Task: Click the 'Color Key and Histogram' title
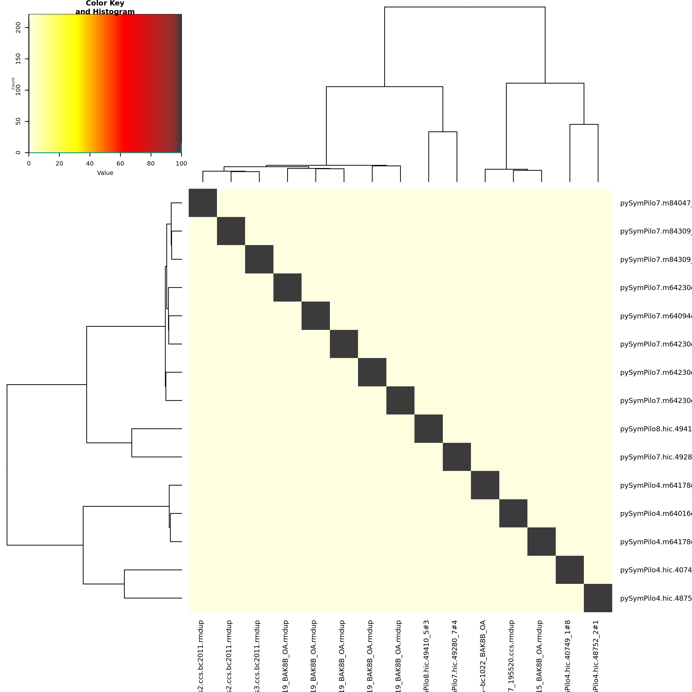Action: point(105,7)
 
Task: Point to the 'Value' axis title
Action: point(105,173)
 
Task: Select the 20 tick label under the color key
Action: point(59,164)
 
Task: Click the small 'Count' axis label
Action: point(13,83)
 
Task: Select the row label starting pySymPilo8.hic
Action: point(655,429)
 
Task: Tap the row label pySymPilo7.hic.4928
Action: point(655,457)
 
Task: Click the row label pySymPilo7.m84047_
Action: point(655,203)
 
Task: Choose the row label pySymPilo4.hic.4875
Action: point(655,598)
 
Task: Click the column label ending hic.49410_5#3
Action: point(426,655)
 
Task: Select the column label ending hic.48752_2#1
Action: point(596,655)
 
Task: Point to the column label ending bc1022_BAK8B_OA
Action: point(483,655)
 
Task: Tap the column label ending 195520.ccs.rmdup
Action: point(511,655)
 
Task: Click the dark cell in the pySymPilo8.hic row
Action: point(429,429)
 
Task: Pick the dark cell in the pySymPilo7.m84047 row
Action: point(203,203)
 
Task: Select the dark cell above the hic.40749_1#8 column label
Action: point(570,570)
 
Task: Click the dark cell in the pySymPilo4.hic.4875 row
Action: point(598,598)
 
